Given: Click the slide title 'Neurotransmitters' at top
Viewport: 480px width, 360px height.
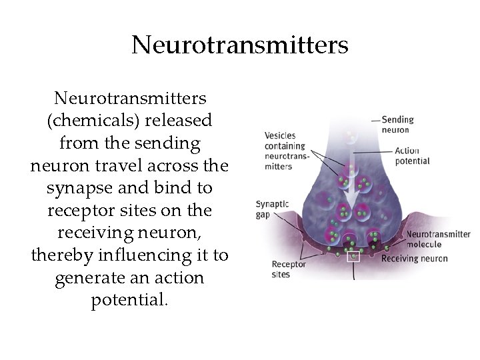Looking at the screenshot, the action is tap(240, 45).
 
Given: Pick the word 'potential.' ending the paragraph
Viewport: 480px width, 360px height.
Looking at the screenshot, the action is tap(130, 299).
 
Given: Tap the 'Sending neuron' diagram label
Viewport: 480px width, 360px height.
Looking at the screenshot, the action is tap(398, 125).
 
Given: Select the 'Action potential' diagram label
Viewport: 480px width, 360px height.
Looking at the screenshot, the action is tap(412, 155).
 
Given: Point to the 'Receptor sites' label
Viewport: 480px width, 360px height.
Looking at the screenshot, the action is tap(288, 269).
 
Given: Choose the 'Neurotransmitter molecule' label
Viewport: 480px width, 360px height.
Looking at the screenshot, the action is tap(438, 239).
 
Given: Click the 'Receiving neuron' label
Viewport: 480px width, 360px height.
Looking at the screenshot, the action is tap(414, 258).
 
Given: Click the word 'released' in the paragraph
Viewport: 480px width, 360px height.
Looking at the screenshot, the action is tap(180, 121).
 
